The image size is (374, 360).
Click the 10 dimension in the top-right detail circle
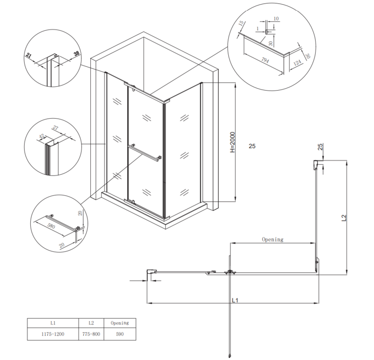(x=276, y=19)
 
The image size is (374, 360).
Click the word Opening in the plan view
(x=273, y=240)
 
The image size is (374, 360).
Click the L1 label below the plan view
(x=235, y=300)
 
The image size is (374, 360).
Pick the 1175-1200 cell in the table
(x=52, y=334)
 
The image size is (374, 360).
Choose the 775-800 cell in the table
(x=91, y=334)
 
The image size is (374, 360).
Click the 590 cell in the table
(x=119, y=334)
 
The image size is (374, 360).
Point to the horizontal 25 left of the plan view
(x=252, y=147)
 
